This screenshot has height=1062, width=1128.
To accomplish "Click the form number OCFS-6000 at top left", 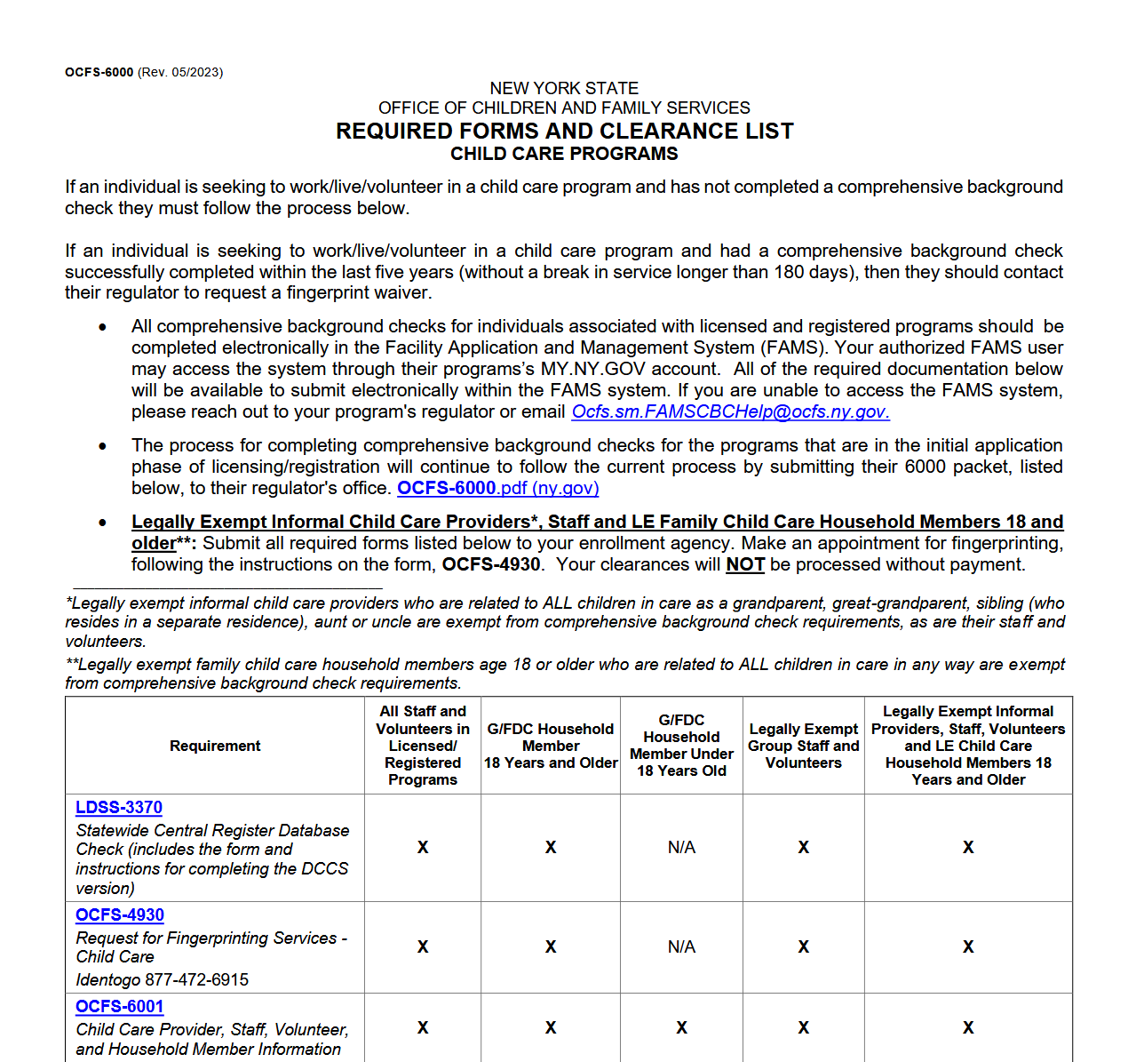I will [x=99, y=72].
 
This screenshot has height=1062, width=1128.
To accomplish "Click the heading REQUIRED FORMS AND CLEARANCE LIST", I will [x=564, y=132].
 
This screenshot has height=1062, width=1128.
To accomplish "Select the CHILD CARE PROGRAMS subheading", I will [x=564, y=154].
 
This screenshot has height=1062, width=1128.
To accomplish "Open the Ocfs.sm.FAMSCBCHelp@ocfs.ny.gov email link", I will [x=730, y=411].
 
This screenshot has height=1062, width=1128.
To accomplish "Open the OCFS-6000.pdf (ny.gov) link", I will [x=497, y=488].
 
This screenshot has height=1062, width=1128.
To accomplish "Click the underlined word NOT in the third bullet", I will [x=745, y=564].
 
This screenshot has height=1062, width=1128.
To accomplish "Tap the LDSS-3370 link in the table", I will [x=119, y=807].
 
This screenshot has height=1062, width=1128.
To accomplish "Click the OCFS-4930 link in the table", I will [x=120, y=914].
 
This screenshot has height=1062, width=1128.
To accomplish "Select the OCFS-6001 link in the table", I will [x=120, y=1006].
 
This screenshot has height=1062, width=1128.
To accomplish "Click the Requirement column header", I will [x=215, y=746].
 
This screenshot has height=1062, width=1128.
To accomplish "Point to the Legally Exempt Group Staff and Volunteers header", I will [x=803, y=746].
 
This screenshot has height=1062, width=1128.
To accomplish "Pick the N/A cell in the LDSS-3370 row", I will [x=681, y=847].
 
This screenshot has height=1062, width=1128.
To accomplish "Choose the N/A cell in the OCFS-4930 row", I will [x=681, y=946].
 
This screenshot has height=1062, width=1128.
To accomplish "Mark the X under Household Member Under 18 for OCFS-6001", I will [x=681, y=1027].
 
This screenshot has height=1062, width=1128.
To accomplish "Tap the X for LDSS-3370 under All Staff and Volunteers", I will [x=423, y=847].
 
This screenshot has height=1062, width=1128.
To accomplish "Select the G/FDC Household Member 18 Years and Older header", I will [x=551, y=746].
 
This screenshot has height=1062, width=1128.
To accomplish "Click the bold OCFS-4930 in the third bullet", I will [x=491, y=564].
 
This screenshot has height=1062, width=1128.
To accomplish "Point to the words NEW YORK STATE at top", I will [x=564, y=88].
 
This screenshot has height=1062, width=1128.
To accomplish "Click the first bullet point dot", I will [x=103, y=327].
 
